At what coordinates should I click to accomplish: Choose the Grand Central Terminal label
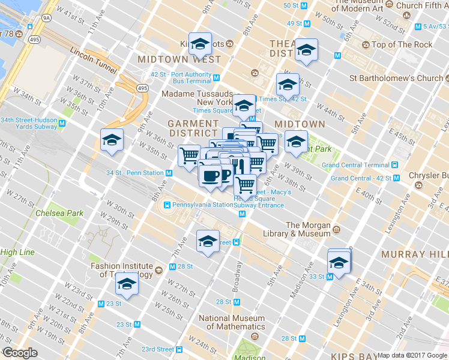[355, 165]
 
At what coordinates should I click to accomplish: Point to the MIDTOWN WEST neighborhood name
[179, 60]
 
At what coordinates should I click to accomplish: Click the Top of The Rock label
[402, 45]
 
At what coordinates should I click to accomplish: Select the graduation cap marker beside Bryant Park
[295, 142]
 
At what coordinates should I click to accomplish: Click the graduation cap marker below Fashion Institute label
[127, 284]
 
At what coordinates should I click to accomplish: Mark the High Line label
[17, 252]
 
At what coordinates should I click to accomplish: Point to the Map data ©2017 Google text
[412, 355]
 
